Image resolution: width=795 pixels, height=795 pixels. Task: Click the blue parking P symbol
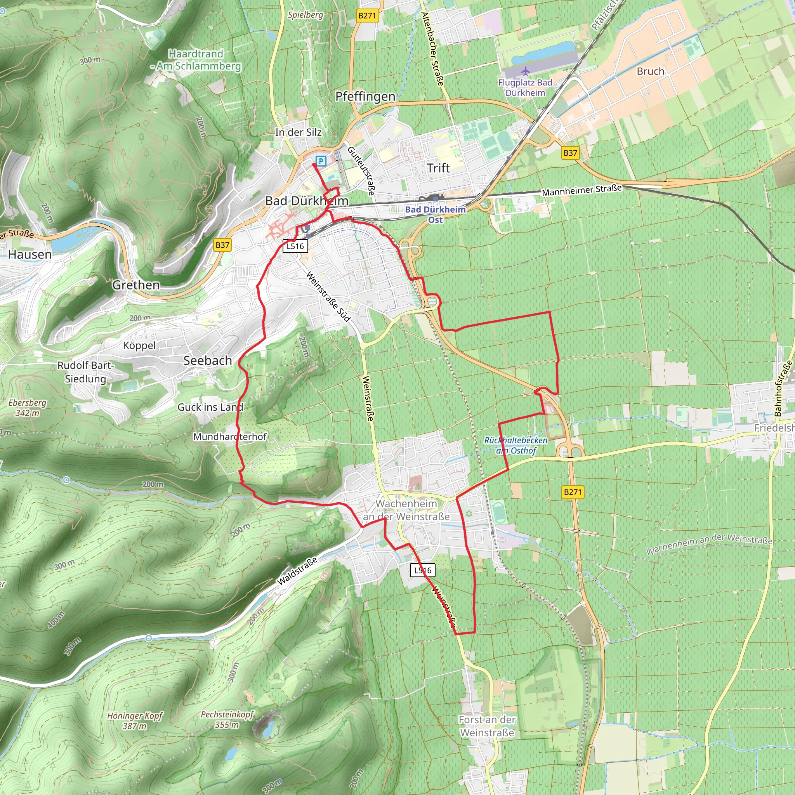[x=321, y=161]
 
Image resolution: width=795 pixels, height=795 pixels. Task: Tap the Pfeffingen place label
[x=365, y=97]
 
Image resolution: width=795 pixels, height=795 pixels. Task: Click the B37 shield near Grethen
[x=222, y=245]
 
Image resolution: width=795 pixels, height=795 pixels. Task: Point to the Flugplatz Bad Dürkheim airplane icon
[x=525, y=71]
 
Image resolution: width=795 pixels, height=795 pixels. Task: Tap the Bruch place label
[x=650, y=71]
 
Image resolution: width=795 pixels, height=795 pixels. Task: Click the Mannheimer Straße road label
[x=581, y=190]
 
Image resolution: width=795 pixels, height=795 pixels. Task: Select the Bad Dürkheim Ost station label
[x=436, y=214]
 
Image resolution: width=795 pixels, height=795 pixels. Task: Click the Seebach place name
[x=207, y=361]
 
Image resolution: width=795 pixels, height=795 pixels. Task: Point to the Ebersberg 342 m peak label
[x=28, y=408]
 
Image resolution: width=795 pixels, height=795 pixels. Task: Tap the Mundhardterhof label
[x=230, y=437]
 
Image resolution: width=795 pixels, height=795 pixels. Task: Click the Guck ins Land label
[x=210, y=407]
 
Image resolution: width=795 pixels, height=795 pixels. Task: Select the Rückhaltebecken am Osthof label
[x=516, y=445]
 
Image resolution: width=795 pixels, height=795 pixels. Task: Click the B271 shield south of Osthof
[x=573, y=492]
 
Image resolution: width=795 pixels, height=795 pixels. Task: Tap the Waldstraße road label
[x=297, y=571]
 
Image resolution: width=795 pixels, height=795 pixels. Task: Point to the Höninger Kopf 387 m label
[x=135, y=720]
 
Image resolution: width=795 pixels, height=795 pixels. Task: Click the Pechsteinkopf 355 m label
[x=227, y=719]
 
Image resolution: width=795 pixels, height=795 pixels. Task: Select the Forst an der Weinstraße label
[x=487, y=726]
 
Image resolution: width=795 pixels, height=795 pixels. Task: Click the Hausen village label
[x=30, y=254]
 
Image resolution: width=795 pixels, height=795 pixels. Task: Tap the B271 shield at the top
[x=367, y=16]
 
